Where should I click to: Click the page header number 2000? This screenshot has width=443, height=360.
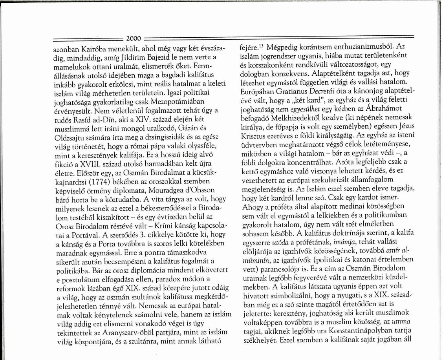coord(134,38)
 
